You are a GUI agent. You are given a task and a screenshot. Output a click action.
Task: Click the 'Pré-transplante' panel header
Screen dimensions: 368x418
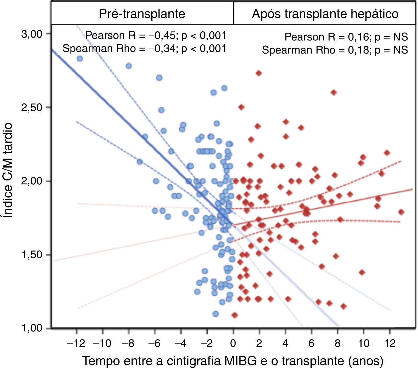(x=142, y=14)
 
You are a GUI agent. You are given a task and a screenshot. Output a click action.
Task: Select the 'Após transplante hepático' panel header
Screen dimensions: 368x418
(x=325, y=14)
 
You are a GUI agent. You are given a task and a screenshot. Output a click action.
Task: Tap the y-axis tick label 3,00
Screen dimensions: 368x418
(x=32, y=34)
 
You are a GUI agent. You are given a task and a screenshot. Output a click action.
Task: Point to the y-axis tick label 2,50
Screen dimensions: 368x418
(x=32, y=108)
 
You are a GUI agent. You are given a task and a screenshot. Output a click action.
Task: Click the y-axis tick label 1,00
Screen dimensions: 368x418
(x=32, y=328)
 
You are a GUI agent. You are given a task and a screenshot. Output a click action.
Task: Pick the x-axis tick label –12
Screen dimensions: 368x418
(x=76, y=343)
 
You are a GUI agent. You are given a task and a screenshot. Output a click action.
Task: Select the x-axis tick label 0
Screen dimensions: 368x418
(x=233, y=343)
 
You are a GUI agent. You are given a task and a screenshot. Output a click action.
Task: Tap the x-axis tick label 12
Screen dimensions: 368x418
(x=390, y=343)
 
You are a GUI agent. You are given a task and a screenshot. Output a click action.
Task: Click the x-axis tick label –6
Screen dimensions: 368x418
(x=154, y=343)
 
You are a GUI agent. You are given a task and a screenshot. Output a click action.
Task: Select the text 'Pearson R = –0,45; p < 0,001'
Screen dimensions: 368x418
(x=156, y=36)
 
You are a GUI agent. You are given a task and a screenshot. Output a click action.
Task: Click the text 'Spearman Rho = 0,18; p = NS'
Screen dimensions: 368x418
(x=335, y=50)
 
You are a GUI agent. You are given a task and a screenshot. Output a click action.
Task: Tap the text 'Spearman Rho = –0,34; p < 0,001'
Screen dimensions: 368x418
(x=144, y=49)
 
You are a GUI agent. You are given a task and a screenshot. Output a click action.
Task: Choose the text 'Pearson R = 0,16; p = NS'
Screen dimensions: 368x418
(x=346, y=37)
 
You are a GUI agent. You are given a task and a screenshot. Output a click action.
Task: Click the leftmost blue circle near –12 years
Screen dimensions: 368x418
(x=80, y=59)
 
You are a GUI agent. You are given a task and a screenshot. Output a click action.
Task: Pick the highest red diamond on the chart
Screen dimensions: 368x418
(x=259, y=73)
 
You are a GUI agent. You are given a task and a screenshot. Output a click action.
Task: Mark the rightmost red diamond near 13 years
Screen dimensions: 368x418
(x=401, y=212)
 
